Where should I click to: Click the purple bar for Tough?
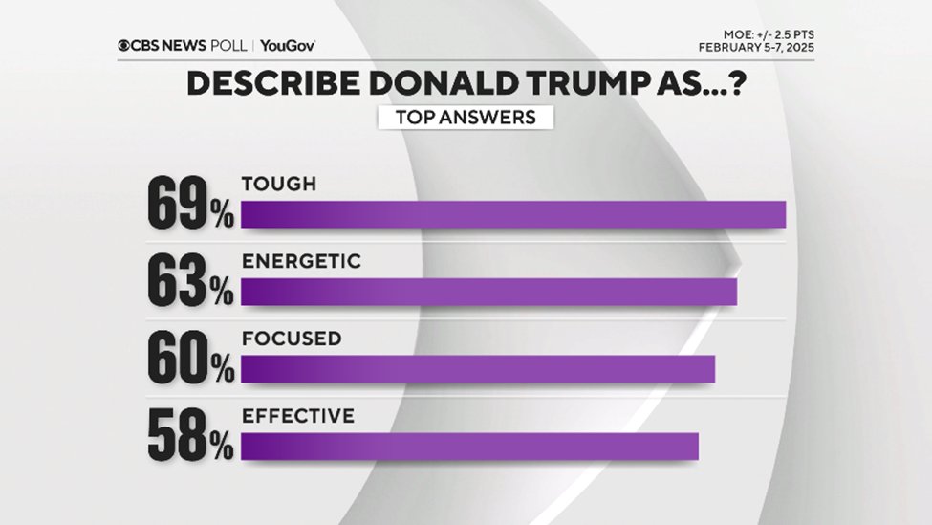(512, 215)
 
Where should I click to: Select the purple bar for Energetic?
(488, 292)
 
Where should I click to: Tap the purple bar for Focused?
(477, 369)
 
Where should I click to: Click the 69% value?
(190, 204)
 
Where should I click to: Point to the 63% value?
(190, 281)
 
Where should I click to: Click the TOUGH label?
(278, 185)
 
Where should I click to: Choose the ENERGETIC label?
(301, 261)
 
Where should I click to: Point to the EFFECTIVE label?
(298, 416)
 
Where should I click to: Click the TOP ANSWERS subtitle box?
(464, 118)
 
